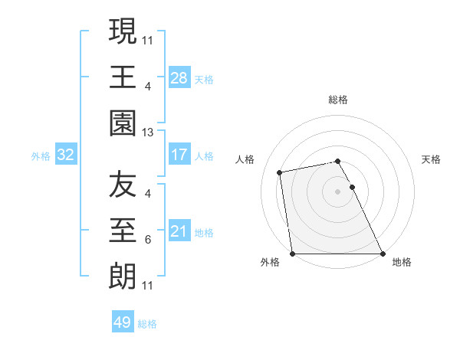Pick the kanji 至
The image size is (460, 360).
(x=123, y=231)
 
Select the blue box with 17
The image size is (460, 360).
(x=179, y=155)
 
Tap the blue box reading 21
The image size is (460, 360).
(x=179, y=231)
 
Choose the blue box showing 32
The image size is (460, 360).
(x=66, y=155)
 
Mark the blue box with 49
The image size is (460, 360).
(x=123, y=322)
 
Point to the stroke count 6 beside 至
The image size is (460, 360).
(x=148, y=240)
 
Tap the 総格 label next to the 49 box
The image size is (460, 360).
(x=147, y=324)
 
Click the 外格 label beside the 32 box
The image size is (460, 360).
(x=41, y=156)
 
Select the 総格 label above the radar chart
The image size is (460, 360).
(x=337, y=100)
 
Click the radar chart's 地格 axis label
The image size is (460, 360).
(x=402, y=263)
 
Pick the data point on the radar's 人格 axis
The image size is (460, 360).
(x=280, y=172)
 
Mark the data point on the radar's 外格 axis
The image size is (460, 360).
(x=293, y=253)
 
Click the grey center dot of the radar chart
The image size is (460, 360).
(x=337, y=191)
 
